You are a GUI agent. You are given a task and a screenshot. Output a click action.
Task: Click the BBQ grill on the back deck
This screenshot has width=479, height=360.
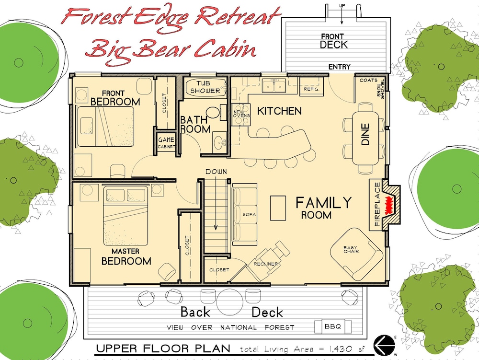coord(333,327)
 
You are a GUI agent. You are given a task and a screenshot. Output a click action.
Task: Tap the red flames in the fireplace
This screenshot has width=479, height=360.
coord(389,205)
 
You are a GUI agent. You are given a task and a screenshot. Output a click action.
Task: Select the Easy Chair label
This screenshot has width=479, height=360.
coord(351,249)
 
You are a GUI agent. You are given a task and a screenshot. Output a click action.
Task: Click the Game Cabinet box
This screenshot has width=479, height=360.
coord(167,142)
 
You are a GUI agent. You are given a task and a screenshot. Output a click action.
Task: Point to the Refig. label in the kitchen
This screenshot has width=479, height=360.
coord(311,89)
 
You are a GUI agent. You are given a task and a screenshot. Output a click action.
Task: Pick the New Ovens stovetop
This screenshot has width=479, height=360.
coord(241,115)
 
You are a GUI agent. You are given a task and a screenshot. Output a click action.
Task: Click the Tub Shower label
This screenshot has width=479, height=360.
coord(205,87)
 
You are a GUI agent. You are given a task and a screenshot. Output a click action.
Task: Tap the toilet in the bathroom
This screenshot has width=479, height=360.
coord(216,113)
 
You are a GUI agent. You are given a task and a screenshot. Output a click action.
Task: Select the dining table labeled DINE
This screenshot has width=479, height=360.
coord(365,139)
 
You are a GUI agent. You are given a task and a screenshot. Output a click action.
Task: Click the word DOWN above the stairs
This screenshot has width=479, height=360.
coord(217,172)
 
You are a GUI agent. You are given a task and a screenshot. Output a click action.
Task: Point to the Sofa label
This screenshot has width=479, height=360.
coord(249,214)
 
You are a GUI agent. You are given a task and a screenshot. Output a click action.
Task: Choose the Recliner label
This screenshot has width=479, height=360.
coord(265,264)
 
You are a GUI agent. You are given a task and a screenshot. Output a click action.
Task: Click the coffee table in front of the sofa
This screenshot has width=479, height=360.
coord(278,208)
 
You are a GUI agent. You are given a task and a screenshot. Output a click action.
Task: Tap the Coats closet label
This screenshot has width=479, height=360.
coord(368,80)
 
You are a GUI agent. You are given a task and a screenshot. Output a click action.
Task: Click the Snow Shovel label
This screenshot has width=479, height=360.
coord(381,89)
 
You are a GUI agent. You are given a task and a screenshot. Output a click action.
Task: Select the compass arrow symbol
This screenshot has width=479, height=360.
coord(384,345)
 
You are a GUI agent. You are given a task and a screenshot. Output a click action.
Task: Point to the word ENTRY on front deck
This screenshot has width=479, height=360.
coord(340,67)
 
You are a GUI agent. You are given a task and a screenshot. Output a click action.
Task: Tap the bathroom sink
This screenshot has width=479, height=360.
coord(220,142)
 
